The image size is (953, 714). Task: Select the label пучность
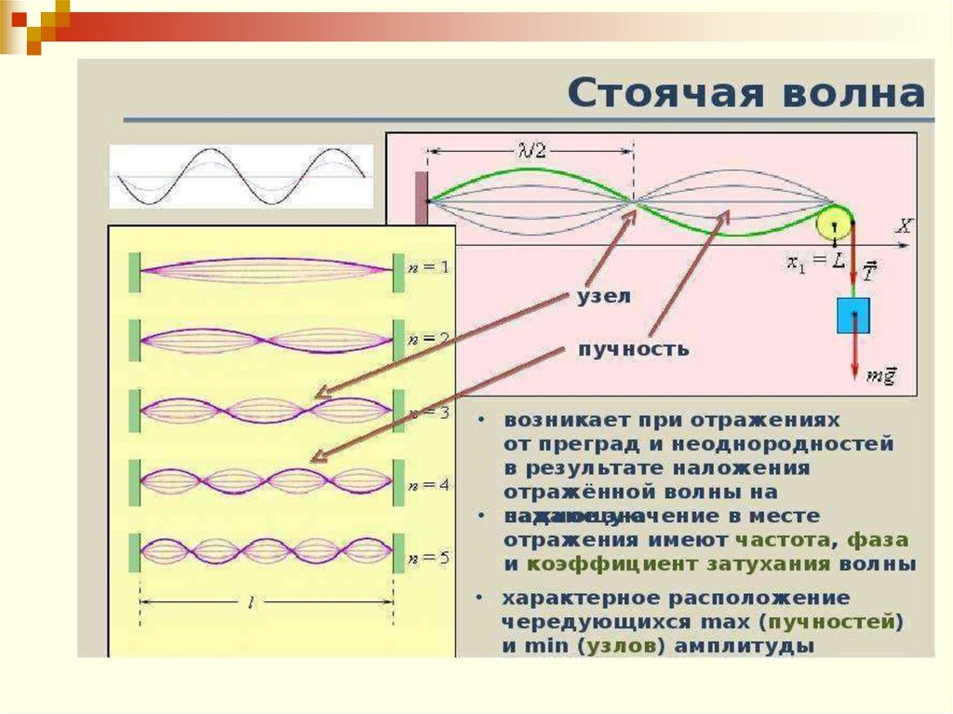(634, 349)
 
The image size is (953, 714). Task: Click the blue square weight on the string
(852, 315)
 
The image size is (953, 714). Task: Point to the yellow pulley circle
(833, 222)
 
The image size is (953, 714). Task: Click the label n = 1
(428, 267)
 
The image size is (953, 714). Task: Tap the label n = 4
(428, 485)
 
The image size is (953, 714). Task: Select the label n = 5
(428, 559)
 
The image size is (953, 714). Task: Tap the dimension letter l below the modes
(251, 603)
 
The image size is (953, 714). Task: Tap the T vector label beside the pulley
(867, 271)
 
